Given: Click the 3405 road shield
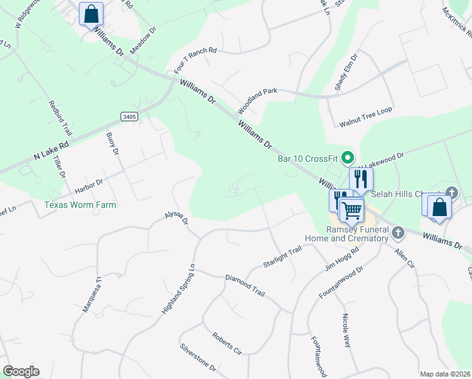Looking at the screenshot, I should click(129, 117).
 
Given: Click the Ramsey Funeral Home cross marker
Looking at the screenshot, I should click(398, 233).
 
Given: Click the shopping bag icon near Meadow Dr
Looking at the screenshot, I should click(91, 13).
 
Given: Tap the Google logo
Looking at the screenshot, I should click(21, 371).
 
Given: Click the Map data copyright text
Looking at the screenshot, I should click(445, 374).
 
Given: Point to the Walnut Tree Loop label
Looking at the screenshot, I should click(365, 110).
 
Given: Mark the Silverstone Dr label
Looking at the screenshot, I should click(198, 357).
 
